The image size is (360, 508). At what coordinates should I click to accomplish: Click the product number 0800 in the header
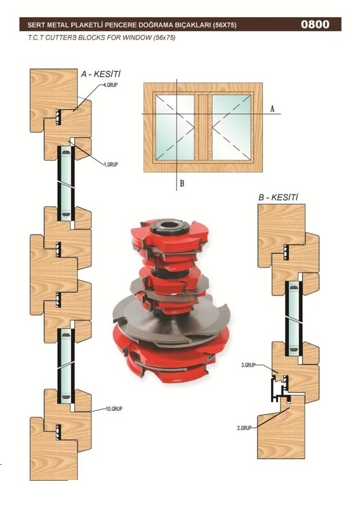[315, 24]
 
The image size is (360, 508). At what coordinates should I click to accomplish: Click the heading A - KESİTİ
[100, 74]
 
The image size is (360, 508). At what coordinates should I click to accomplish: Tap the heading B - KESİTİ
[277, 197]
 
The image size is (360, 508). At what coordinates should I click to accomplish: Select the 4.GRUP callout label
[110, 85]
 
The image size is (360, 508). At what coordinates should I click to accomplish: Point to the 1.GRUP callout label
[111, 164]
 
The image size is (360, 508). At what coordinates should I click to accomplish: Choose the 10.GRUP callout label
[114, 409]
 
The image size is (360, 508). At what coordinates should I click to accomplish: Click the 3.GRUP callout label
[248, 364]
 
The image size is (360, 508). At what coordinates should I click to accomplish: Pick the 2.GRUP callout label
[244, 427]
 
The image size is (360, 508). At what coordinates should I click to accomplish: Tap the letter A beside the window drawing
[272, 109]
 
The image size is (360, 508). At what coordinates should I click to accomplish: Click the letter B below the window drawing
[182, 184]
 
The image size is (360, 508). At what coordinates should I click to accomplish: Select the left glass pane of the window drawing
[175, 128]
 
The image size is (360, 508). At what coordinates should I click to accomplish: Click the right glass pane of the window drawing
[232, 128]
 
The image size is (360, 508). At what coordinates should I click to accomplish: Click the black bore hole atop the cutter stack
[170, 225]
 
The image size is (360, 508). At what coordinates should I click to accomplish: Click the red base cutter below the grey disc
[171, 359]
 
